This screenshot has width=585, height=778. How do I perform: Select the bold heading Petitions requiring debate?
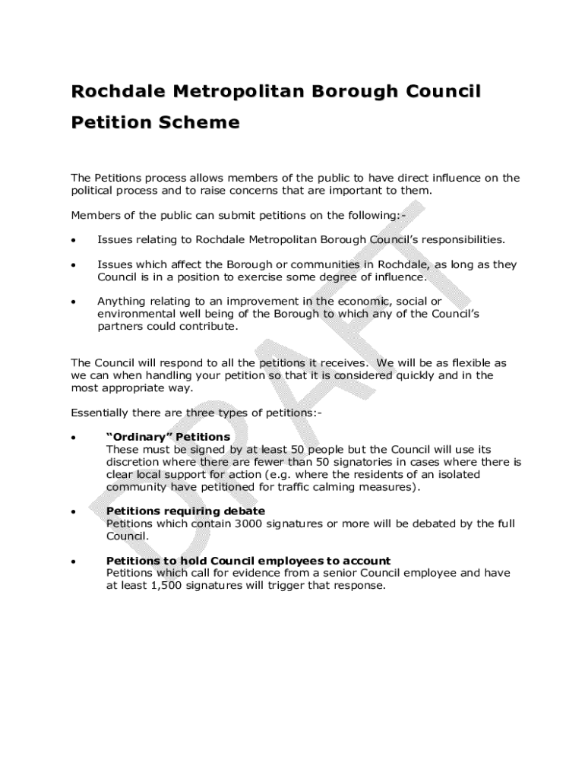click(x=185, y=511)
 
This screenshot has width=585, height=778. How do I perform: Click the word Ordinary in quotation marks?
click(x=139, y=438)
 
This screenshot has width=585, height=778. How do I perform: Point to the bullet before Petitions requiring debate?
click(x=73, y=512)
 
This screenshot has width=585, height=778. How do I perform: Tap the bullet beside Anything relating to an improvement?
click(x=73, y=302)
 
